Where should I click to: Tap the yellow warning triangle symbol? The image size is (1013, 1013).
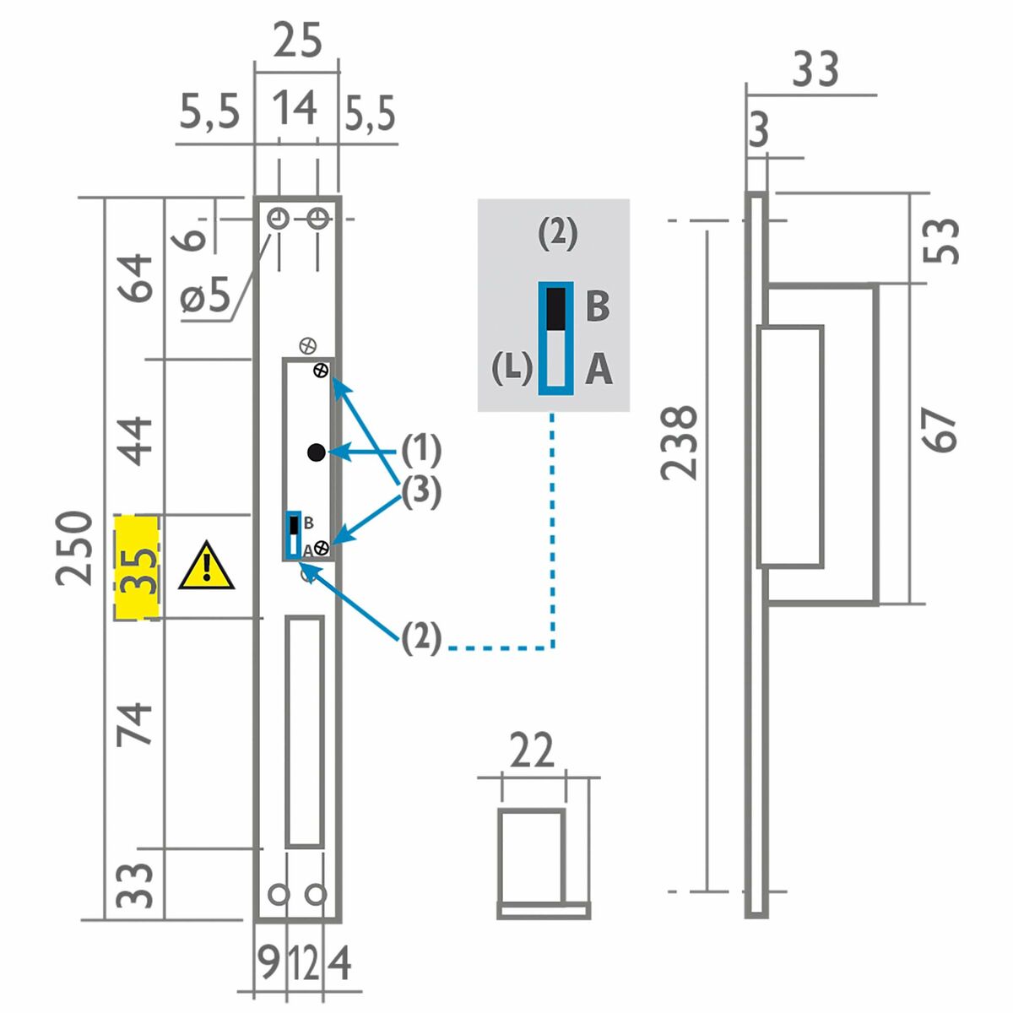coord(206,566)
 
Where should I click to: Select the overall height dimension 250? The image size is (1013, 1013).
coord(74,549)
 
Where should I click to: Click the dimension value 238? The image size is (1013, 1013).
coord(680,443)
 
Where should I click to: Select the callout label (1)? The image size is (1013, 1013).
coord(420,451)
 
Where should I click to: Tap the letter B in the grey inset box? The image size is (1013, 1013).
coord(597,306)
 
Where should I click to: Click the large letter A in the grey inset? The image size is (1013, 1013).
coord(598,369)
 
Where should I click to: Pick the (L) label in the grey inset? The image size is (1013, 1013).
coord(511,369)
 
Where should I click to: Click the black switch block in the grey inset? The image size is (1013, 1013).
coord(555,308)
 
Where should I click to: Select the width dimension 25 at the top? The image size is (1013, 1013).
coord(297,41)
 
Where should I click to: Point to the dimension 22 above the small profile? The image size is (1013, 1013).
coord(532,750)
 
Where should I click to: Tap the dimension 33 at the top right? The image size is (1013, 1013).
coord(815,71)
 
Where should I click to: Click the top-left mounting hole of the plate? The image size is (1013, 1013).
coord(278,219)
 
